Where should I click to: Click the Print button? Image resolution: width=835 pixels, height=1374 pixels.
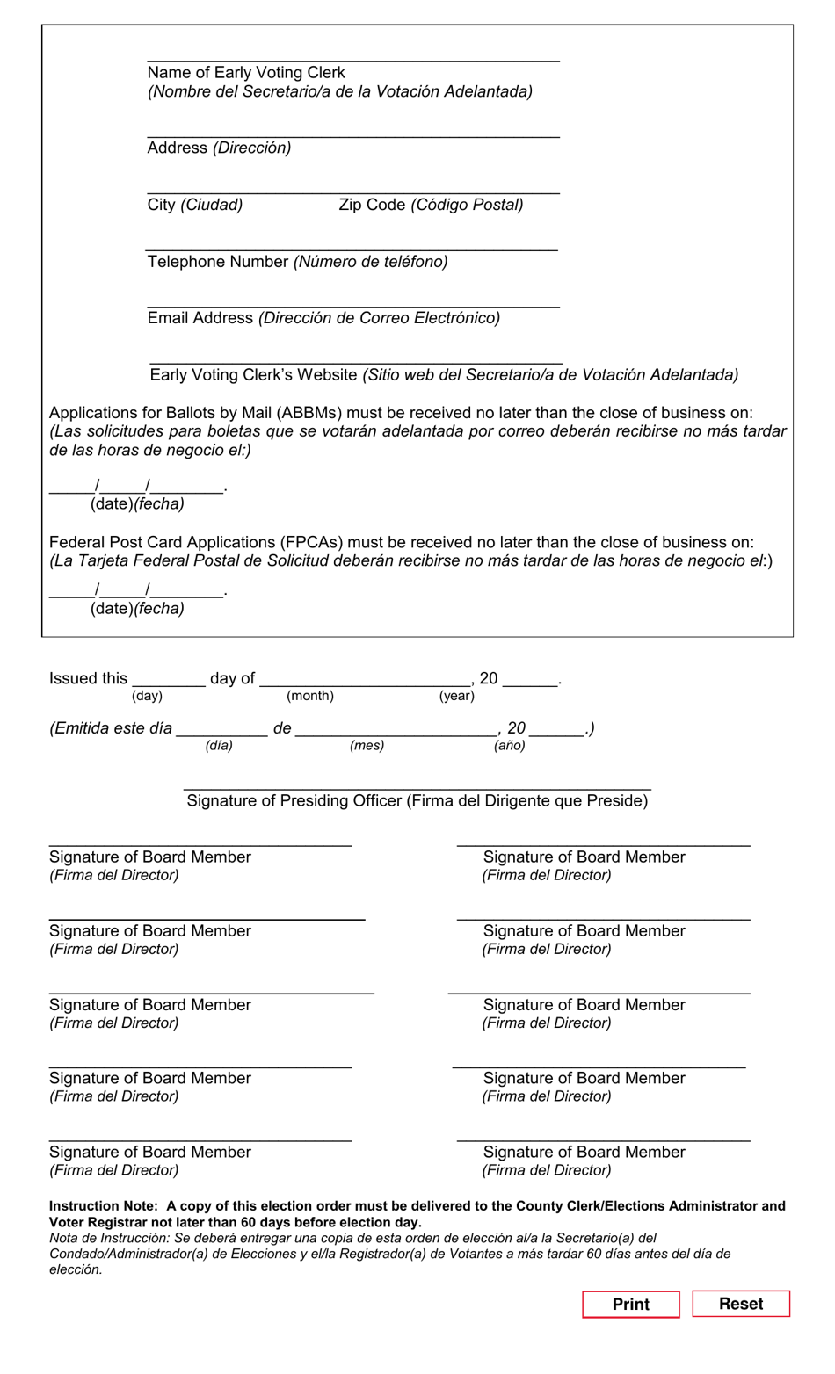pyautogui.click(x=630, y=1304)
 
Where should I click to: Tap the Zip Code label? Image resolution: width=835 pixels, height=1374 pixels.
pyautogui.click(x=372, y=205)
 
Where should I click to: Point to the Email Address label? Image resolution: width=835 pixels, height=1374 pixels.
pyautogui.click(x=200, y=318)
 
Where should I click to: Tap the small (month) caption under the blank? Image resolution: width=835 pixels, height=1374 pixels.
pyautogui.click(x=310, y=696)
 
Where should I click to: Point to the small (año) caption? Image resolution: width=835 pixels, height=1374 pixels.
pyautogui.click(x=510, y=745)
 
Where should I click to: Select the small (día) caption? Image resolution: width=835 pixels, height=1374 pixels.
pyautogui.click(x=219, y=745)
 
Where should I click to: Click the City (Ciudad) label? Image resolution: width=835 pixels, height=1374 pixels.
pyautogui.click(x=194, y=205)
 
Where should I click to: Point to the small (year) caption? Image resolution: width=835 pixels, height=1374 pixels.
pyautogui.click(x=457, y=696)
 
